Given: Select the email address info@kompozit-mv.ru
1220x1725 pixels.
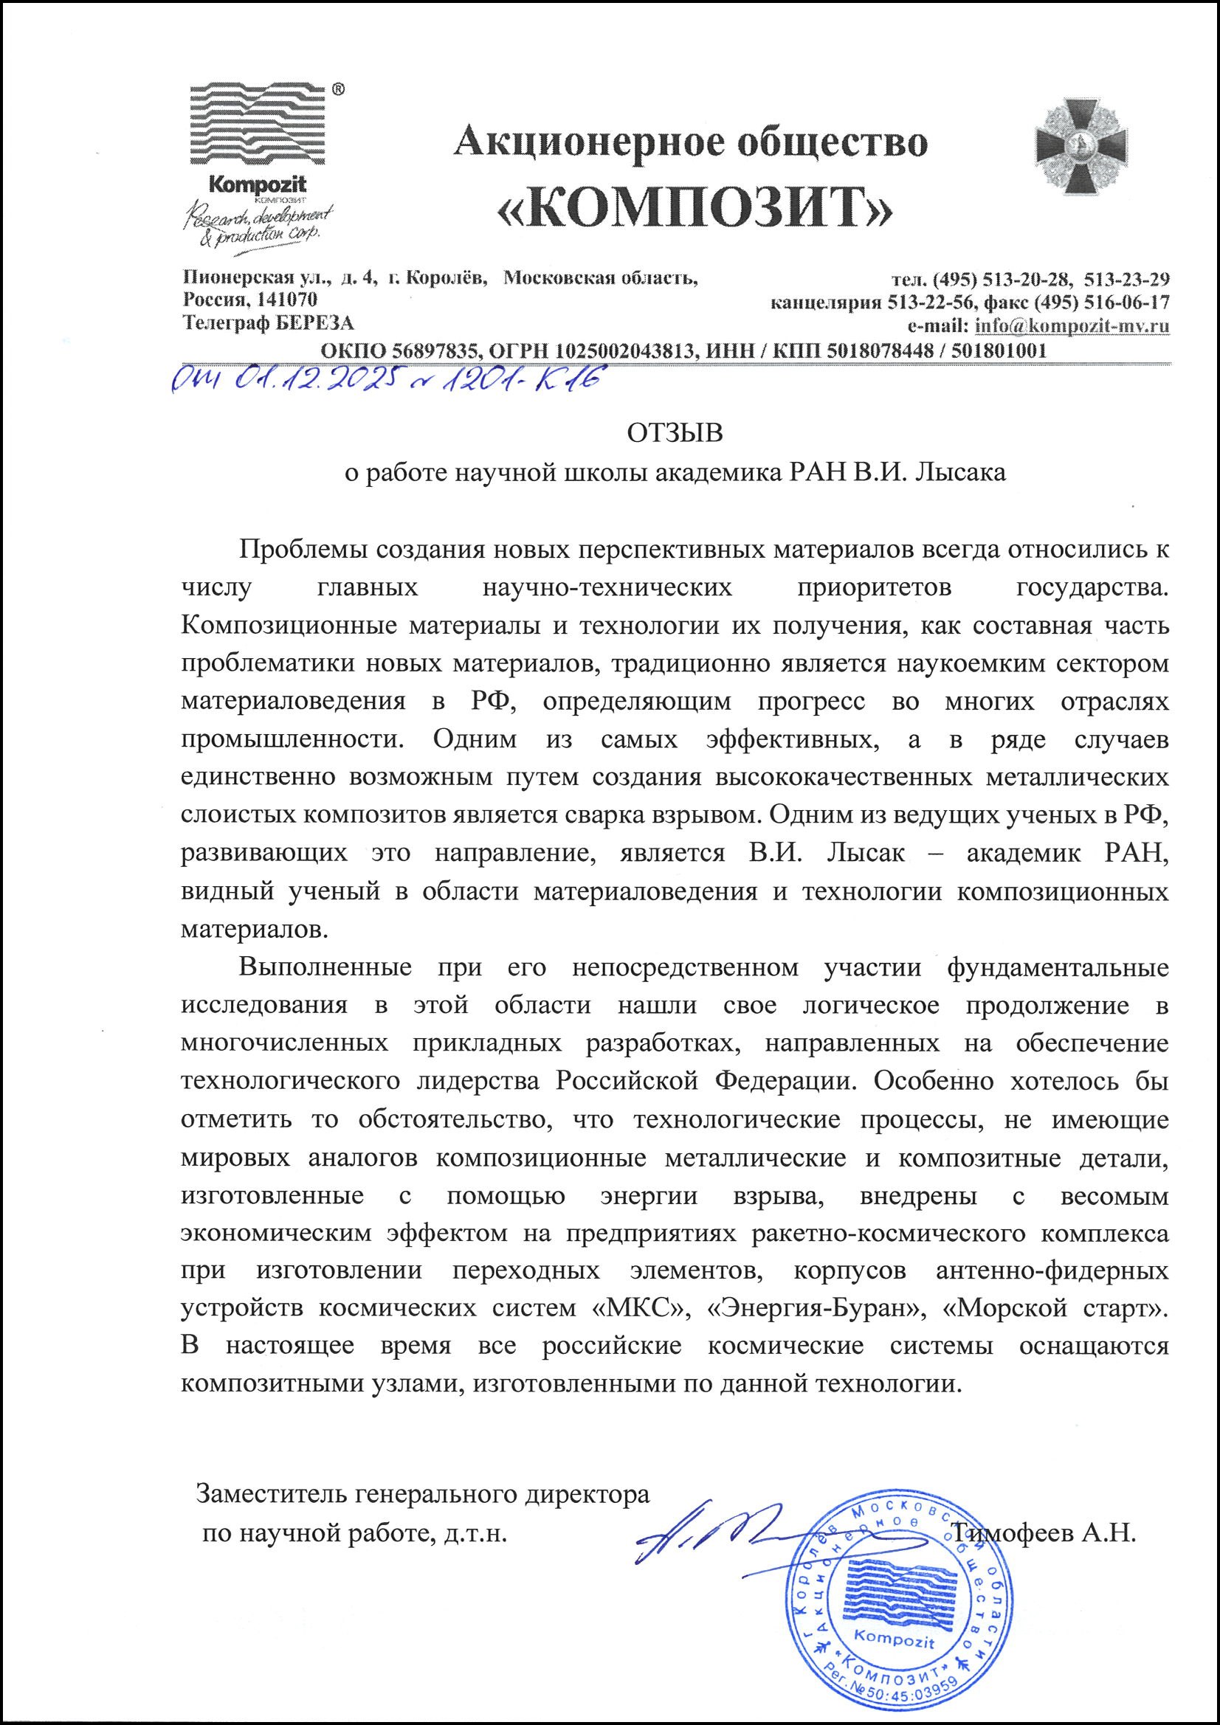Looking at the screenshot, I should [1072, 326].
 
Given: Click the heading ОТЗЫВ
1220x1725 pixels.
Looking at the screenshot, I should [675, 434].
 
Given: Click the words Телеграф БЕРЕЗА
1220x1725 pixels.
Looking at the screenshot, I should [269, 324].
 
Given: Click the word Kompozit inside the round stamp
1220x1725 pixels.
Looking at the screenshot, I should [894, 1641].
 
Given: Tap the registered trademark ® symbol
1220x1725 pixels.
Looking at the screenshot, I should [338, 89].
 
